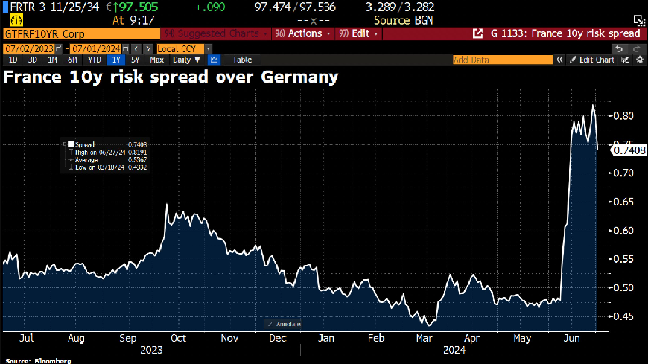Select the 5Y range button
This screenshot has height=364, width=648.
(x=135, y=60)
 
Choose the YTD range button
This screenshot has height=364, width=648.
(x=95, y=60)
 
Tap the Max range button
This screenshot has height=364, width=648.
(x=156, y=60)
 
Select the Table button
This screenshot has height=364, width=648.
(x=242, y=60)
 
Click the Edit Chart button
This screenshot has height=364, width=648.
(x=593, y=60)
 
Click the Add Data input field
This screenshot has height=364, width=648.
(x=506, y=60)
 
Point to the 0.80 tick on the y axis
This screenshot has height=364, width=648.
(x=623, y=116)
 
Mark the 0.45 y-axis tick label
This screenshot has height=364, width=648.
(x=623, y=316)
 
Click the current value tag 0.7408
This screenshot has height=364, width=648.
(x=628, y=150)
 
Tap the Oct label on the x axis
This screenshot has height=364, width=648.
(x=178, y=337)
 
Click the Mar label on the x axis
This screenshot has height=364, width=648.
(x=425, y=337)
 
